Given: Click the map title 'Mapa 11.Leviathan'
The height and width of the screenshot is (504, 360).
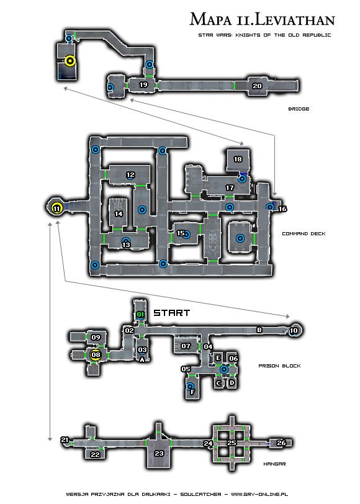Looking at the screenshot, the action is [263, 19].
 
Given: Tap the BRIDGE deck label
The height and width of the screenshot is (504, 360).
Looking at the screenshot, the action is [299, 109].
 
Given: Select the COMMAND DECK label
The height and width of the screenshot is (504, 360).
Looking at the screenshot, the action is [304, 233].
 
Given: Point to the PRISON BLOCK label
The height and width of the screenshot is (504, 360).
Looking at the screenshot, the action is [280, 366].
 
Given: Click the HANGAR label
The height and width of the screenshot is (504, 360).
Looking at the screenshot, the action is [274, 464].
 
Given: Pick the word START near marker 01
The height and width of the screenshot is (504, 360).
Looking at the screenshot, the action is [172, 313].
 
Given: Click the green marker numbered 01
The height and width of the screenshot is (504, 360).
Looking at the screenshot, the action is [140, 314].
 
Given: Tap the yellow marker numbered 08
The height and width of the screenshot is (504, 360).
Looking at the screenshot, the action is [96, 355].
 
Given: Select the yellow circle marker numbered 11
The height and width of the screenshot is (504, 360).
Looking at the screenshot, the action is [56, 209].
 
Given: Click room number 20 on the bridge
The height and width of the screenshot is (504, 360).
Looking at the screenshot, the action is [257, 86].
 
